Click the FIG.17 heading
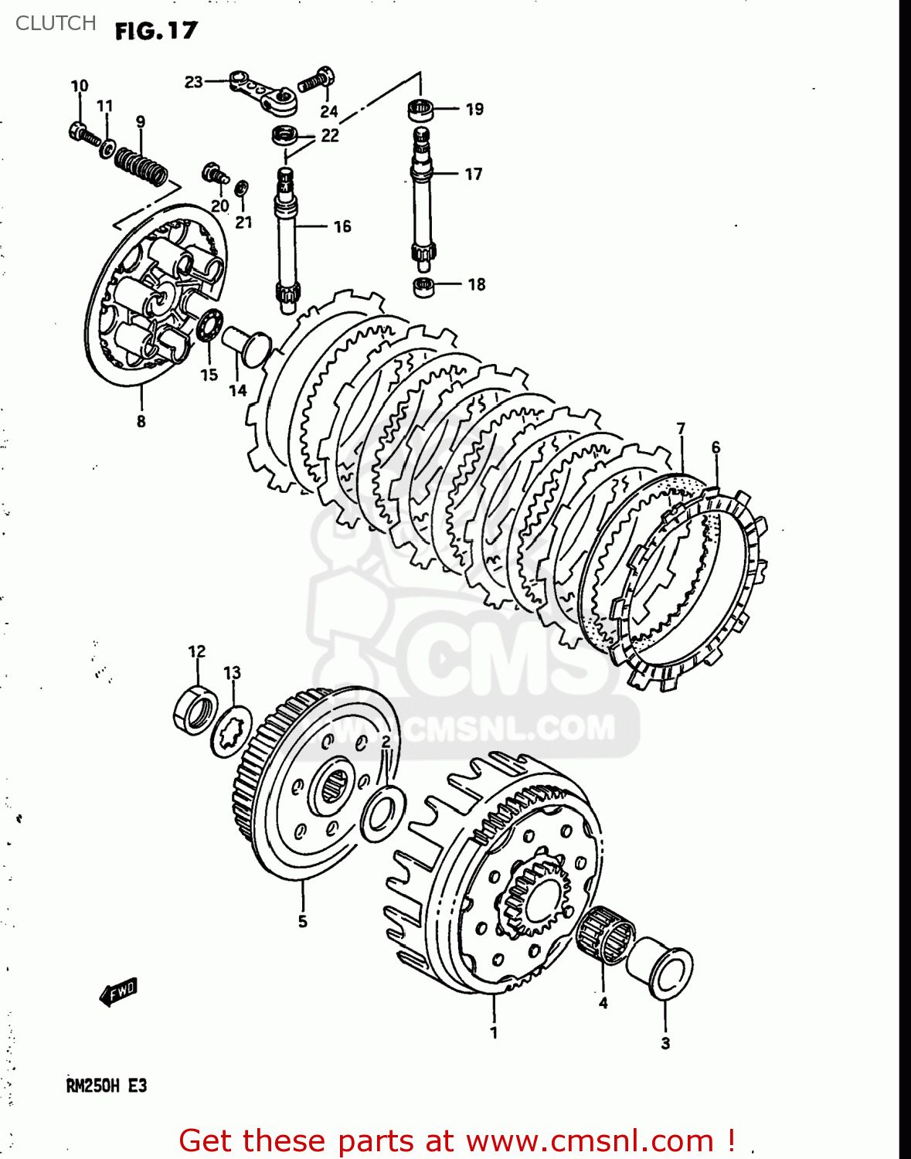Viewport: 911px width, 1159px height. click(156, 31)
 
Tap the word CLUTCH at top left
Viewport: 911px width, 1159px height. click(56, 23)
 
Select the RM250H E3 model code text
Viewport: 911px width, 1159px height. click(106, 1086)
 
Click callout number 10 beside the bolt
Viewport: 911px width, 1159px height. click(80, 86)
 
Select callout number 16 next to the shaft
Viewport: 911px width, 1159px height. click(342, 226)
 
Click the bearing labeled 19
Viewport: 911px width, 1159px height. click(421, 110)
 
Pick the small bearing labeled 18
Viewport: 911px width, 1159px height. click(424, 286)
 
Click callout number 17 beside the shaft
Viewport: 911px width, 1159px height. click(474, 175)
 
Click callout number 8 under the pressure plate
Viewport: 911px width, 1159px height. click(141, 421)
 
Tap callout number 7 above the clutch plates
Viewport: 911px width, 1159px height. click(680, 429)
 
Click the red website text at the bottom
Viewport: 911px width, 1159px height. click(456, 1140)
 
